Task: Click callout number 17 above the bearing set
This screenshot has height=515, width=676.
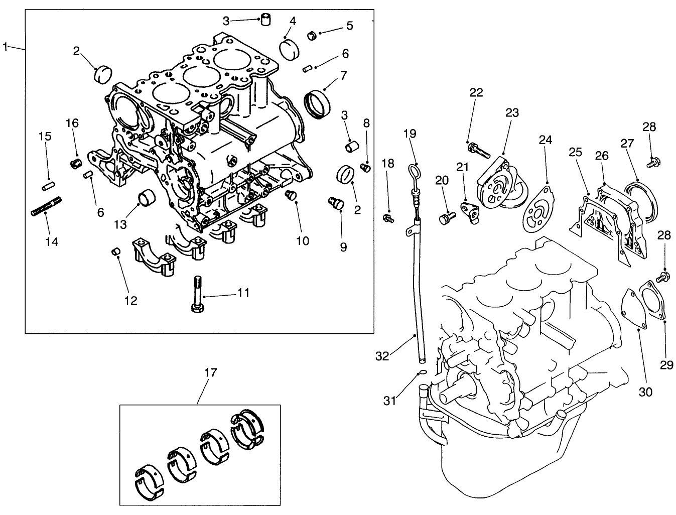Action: tap(211, 372)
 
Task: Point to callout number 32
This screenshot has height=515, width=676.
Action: tap(382, 356)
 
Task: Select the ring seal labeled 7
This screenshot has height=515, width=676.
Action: tap(318, 104)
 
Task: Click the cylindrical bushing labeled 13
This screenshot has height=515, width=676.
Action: tap(147, 198)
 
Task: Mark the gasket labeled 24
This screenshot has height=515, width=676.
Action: tap(538, 211)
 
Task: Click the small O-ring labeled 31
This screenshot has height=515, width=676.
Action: tap(423, 372)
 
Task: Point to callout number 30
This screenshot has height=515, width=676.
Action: tap(645, 392)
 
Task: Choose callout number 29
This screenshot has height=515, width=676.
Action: tap(666, 365)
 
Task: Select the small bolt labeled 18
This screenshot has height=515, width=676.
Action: tap(387, 218)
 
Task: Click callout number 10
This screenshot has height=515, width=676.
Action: tap(302, 241)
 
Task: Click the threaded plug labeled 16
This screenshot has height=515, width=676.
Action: tap(76, 164)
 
